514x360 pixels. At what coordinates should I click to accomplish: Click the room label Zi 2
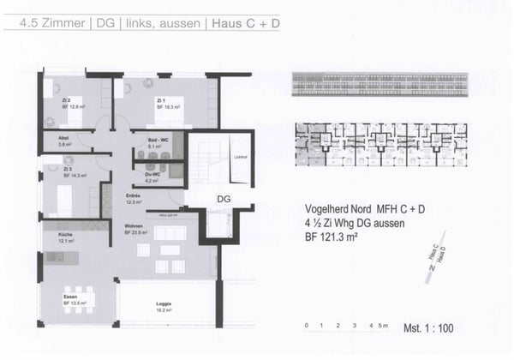click(x=66, y=100)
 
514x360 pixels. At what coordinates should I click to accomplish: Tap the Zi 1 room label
click(x=160, y=100)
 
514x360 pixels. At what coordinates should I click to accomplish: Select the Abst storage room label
click(x=63, y=138)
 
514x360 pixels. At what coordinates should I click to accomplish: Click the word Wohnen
click(x=134, y=227)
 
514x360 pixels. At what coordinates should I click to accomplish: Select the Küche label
click(x=66, y=234)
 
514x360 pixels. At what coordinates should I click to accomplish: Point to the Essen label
click(x=70, y=297)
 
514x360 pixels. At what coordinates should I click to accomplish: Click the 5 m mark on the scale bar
click(x=384, y=326)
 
